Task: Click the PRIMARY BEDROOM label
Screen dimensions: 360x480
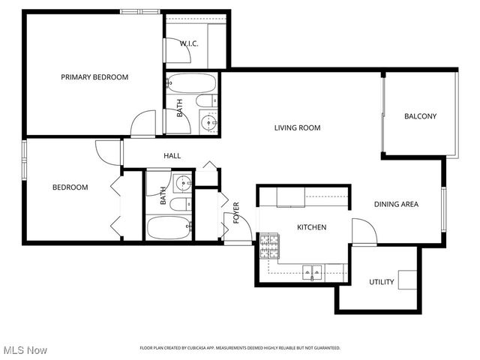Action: [x=94, y=76]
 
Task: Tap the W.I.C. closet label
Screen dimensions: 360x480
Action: [x=188, y=43]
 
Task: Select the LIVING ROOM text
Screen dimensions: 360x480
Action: [x=297, y=127]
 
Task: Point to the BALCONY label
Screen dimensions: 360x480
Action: [x=420, y=116]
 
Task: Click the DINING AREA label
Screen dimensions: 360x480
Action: [x=396, y=204]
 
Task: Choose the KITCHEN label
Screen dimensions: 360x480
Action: [x=311, y=226]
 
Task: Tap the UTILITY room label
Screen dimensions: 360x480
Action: [x=381, y=282]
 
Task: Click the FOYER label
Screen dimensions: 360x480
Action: [x=235, y=212]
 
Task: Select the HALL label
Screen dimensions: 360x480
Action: [x=172, y=156]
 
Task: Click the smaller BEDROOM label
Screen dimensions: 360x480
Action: [x=70, y=187]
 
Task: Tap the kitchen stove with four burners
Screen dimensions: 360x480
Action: [x=269, y=246]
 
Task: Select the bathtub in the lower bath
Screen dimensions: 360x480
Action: [x=169, y=227]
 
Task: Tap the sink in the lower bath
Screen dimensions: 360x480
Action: [x=182, y=181]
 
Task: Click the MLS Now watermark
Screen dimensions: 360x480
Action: [x=25, y=350]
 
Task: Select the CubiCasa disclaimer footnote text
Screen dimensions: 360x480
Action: [x=240, y=348]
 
